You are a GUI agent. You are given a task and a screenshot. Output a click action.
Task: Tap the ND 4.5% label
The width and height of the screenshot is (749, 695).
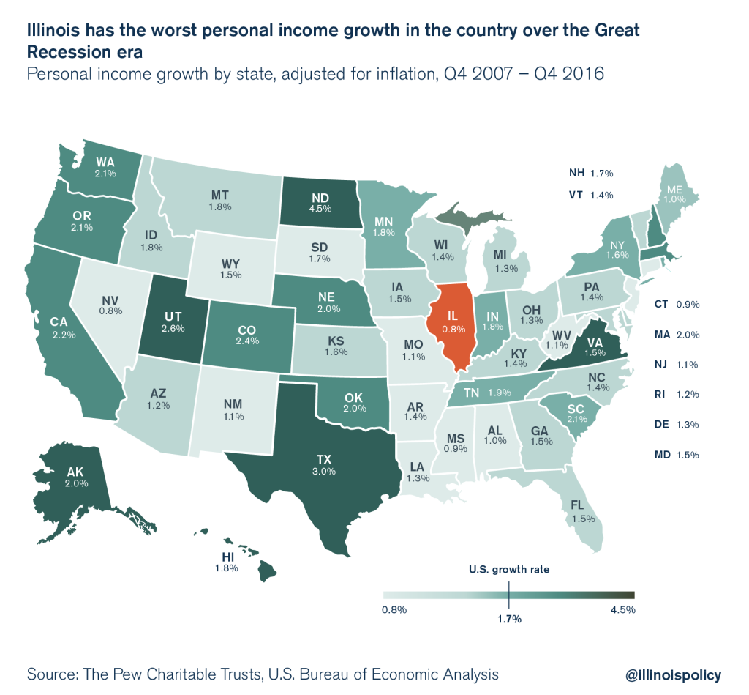[320, 201]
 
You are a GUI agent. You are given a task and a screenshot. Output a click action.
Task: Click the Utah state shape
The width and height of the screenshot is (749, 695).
[174, 322]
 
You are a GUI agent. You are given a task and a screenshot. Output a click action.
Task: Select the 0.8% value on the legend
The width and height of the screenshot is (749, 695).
[394, 609]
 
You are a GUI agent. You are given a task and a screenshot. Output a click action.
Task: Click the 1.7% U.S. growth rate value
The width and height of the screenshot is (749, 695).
[509, 620]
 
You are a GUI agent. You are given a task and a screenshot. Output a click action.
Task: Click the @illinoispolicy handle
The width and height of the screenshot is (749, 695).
[673, 674]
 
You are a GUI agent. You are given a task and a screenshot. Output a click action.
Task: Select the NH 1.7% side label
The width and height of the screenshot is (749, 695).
[590, 174]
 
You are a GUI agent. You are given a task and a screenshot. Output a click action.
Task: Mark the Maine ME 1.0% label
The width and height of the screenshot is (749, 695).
[674, 193]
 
